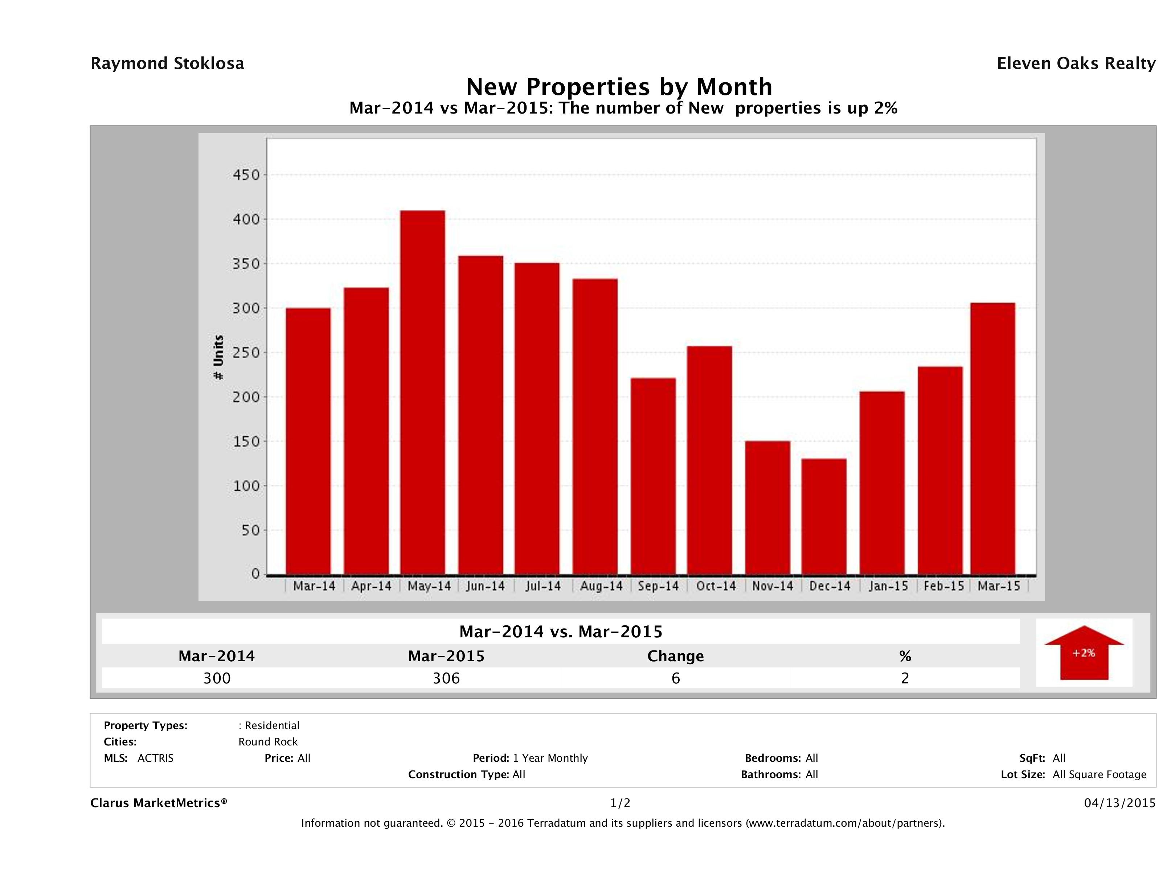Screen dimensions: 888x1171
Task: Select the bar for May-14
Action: click(422, 392)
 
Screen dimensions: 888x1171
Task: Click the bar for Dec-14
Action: click(824, 516)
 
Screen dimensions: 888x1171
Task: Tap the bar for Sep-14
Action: click(653, 476)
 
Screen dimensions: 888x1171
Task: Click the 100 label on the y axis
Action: click(247, 486)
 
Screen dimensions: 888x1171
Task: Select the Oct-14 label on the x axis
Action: click(716, 586)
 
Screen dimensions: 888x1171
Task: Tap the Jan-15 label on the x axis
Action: click(888, 586)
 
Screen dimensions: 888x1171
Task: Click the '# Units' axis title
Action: click(218, 358)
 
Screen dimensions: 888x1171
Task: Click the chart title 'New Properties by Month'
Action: click(619, 86)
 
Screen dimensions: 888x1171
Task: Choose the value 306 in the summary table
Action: click(446, 678)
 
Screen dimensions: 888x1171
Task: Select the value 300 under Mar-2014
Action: click(217, 678)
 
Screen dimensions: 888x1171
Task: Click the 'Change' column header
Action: click(676, 656)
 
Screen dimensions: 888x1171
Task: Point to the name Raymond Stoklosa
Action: click(167, 63)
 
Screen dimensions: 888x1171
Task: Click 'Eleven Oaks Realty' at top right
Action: click(1076, 63)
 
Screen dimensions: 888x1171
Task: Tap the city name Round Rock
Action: click(268, 742)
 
